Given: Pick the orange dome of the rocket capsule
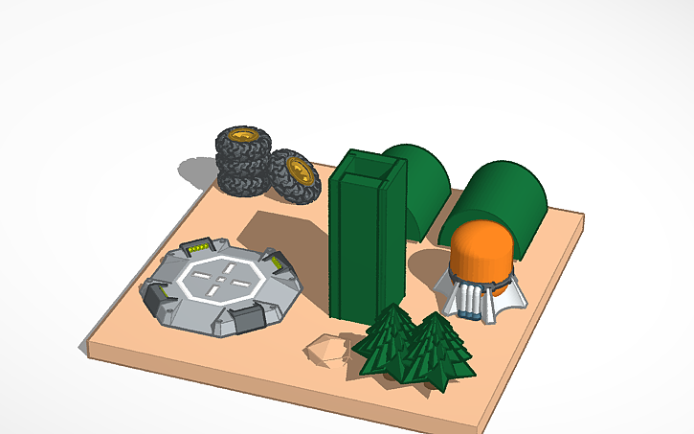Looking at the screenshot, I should coord(480,250).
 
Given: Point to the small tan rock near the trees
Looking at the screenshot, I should coord(328,349).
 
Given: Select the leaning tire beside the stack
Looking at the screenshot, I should coord(292,176).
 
